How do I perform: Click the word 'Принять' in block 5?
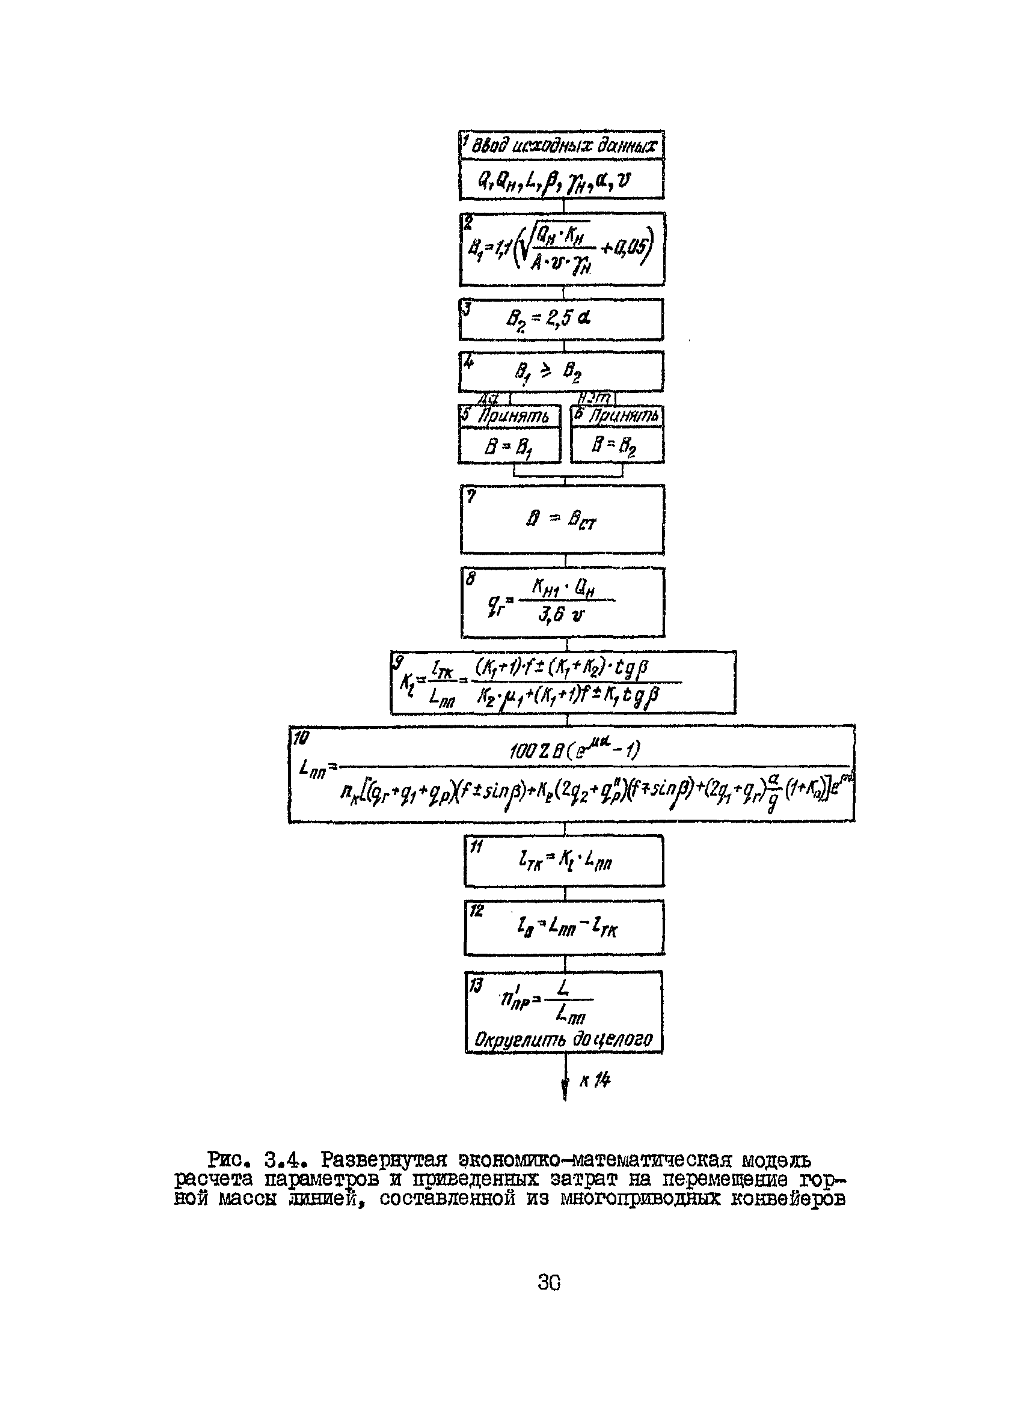tap(513, 417)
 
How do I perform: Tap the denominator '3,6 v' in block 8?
tap(560, 615)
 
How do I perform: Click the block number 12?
tap(477, 911)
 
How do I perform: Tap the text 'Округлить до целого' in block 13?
tap(563, 1041)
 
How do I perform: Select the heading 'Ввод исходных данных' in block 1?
tap(565, 147)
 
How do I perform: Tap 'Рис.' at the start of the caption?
tap(227, 1160)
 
